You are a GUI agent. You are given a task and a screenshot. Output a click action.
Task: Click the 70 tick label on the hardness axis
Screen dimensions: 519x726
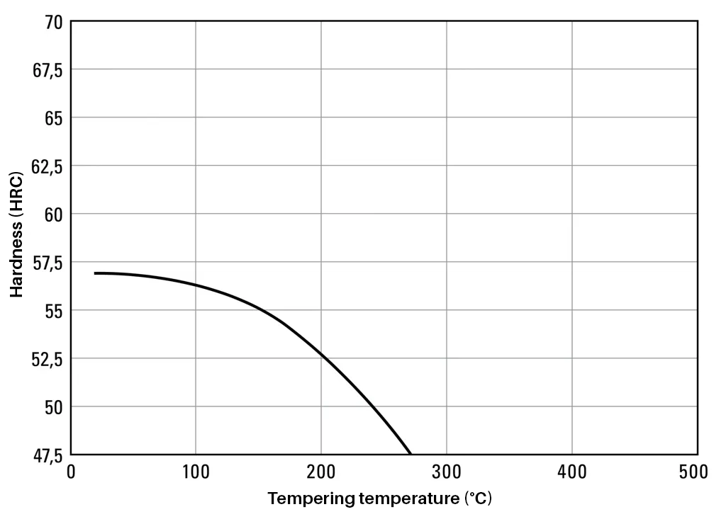pos(54,23)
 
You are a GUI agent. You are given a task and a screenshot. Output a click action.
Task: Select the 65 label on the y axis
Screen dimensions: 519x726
pos(54,118)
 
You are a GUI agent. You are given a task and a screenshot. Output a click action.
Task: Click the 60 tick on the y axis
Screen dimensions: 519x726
pos(54,214)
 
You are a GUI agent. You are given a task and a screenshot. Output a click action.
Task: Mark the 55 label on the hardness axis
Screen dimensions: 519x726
pos(54,310)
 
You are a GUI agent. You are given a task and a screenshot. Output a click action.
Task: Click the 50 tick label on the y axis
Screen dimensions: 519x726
pos(54,407)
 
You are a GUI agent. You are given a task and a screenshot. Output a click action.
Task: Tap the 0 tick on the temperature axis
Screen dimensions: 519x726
pos(70,472)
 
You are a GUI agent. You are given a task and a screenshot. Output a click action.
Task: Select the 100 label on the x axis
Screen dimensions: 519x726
pos(195,472)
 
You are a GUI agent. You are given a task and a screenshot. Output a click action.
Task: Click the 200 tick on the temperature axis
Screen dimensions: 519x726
pos(320,472)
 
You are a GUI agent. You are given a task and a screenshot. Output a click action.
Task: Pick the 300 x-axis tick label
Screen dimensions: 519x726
pos(446,472)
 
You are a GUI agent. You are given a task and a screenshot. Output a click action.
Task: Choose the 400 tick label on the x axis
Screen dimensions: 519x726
pos(571,472)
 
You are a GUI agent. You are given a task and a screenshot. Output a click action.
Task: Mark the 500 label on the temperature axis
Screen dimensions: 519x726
pos(693,472)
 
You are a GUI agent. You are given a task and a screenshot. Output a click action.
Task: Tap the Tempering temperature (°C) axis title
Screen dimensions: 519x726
pos(379,499)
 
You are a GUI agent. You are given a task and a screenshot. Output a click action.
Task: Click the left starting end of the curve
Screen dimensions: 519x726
pos(95,273)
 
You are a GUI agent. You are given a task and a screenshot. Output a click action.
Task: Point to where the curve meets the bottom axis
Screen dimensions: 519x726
pos(410,453)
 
